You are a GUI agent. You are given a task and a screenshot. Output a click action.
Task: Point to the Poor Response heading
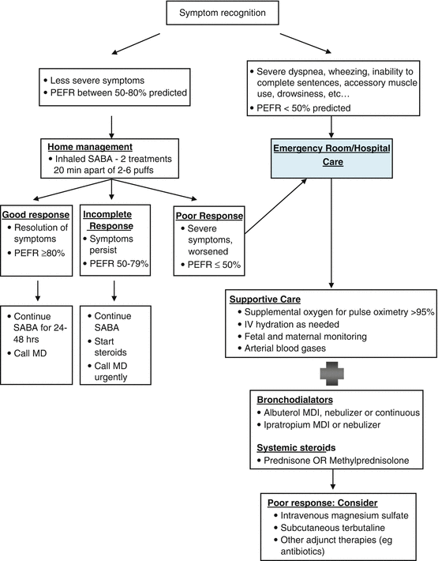[210, 214]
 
